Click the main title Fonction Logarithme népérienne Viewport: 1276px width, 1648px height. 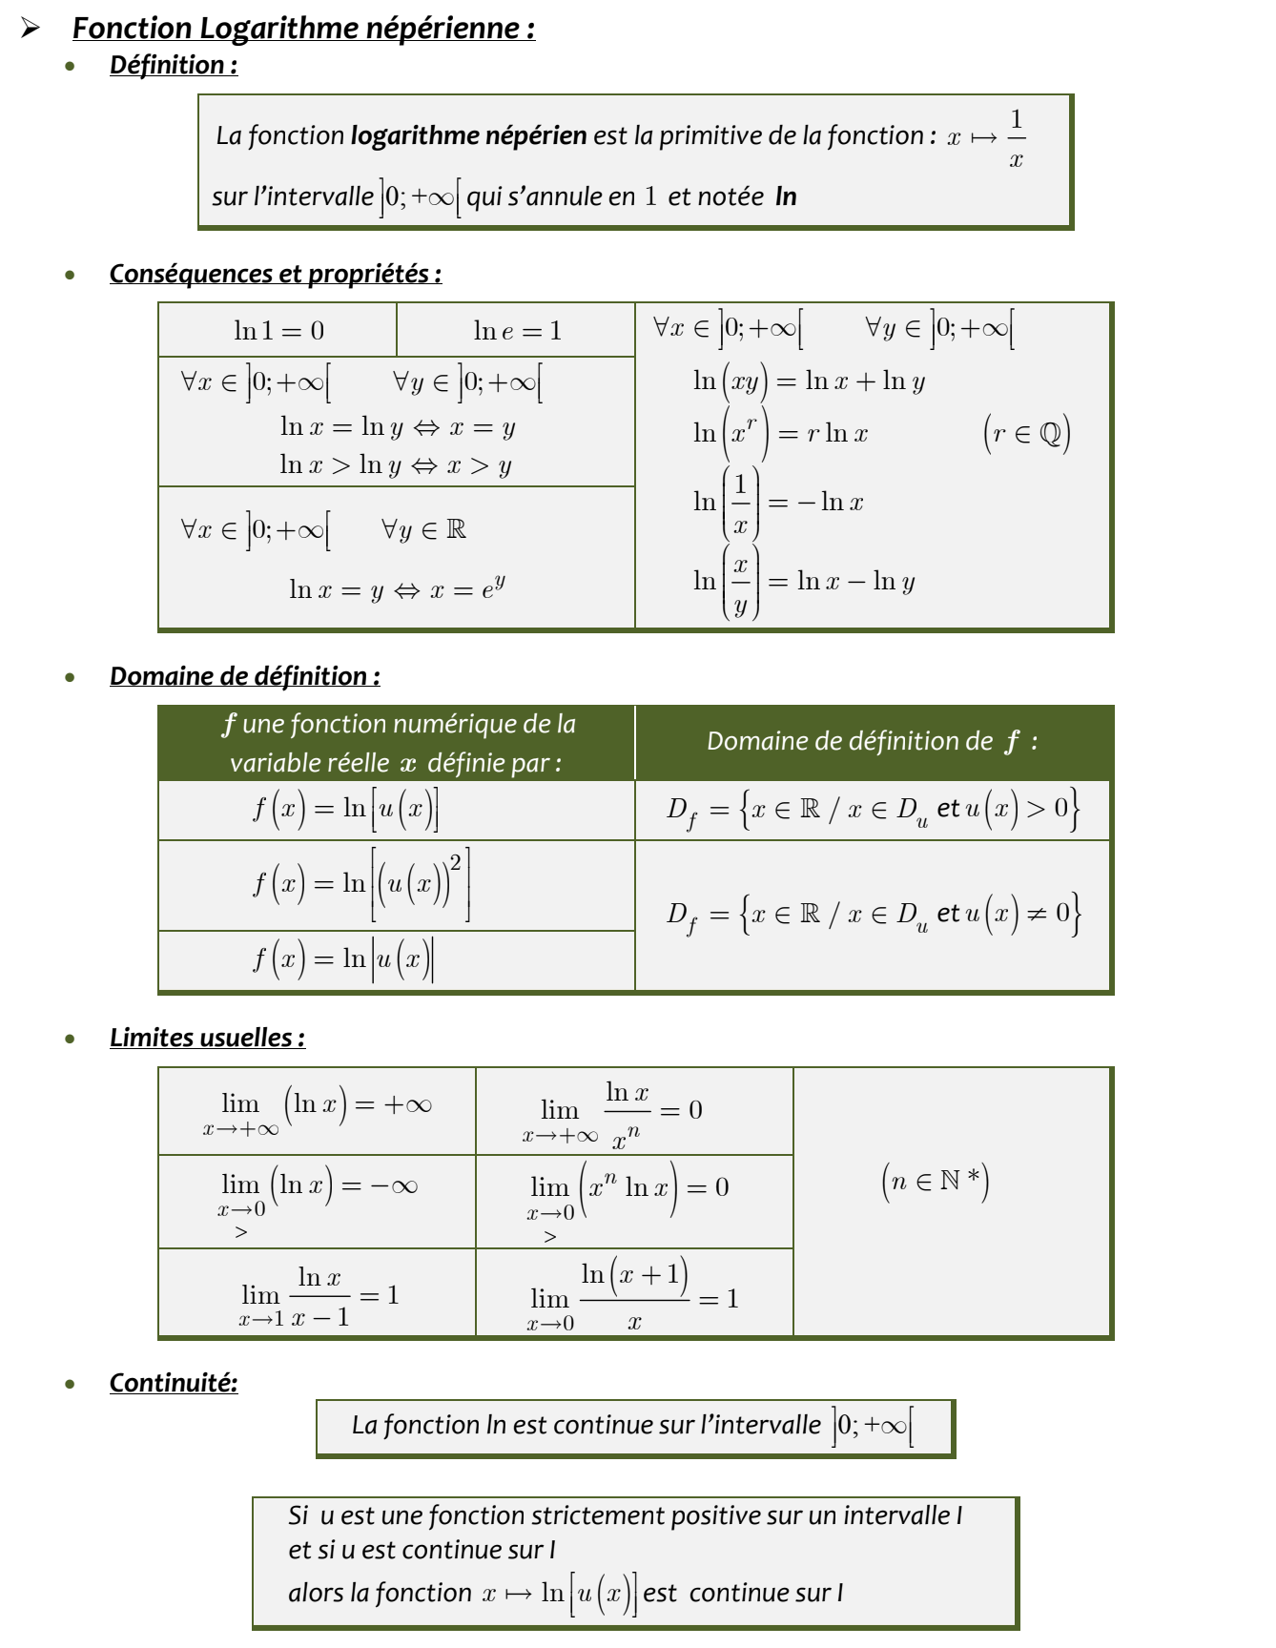303,29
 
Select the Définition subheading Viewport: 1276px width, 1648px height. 173,65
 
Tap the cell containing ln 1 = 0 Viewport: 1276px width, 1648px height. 278,331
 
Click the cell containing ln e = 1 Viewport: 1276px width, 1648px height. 517,331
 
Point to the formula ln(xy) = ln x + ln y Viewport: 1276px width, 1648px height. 809,381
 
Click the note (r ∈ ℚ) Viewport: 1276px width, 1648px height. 1026,434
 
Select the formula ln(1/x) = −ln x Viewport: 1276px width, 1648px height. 778,502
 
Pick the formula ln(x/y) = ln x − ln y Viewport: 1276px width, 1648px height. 804,581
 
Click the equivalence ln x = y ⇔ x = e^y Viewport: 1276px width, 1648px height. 397,588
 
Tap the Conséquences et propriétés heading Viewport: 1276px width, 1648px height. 275,274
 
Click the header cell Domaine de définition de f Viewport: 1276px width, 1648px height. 872,742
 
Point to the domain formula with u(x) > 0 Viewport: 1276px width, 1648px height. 872,810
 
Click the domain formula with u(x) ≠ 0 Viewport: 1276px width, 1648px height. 872,915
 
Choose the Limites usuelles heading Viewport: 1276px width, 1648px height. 207,1038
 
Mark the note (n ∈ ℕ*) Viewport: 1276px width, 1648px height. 935,1181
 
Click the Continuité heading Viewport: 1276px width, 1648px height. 173,1383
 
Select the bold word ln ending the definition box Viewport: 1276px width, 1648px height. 786,196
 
